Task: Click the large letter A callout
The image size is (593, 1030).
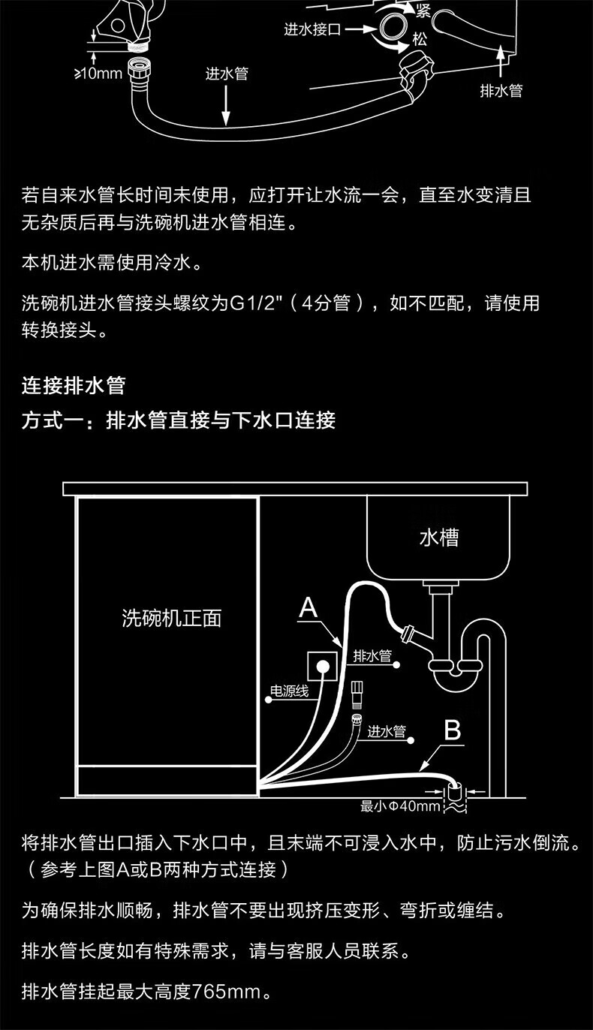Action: pyautogui.click(x=309, y=608)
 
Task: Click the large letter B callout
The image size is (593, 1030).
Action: pyautogui.click(x=452, y=730)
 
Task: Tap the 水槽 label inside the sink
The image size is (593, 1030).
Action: pyautogui.click(x=438, y=538)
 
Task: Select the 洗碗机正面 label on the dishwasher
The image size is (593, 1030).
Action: pyautogui.click(x=172, y=618)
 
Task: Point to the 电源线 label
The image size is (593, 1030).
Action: pyautogui.click(x=289, y=691)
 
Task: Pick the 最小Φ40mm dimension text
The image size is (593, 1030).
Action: pyautogui.click(x=399, y=806)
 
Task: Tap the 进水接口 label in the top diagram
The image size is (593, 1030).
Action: pyautogui.click(x=312, y=30)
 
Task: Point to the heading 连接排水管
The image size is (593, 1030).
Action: pyautogui.click(x=74, y=386)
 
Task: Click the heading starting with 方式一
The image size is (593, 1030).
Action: pyautogui.click(x=179, y=420)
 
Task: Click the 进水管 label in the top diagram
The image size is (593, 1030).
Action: pyautogui.click(x=227, y=74)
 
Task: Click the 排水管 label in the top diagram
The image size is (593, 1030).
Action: pyautogui.click(x=501, y=91)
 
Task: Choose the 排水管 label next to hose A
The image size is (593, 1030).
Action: pyautogui.click(x=372, y=655)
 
